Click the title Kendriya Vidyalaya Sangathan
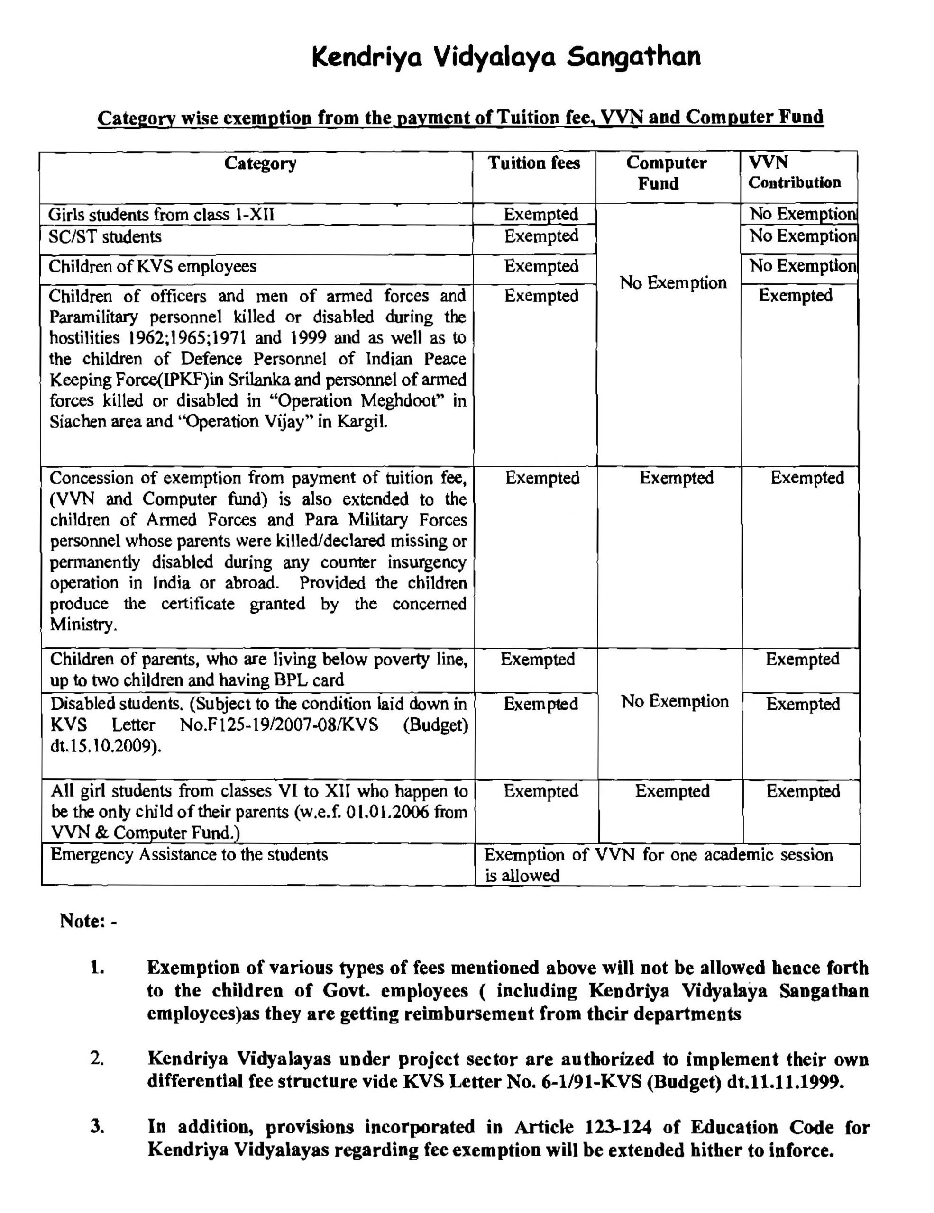505,57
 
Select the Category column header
260,163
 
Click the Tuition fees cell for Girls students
540,214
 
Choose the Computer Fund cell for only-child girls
672,791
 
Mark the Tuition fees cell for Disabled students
540,704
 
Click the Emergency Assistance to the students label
189,854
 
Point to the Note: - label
88,921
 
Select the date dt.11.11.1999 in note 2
785,1082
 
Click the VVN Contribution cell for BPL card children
802,659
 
